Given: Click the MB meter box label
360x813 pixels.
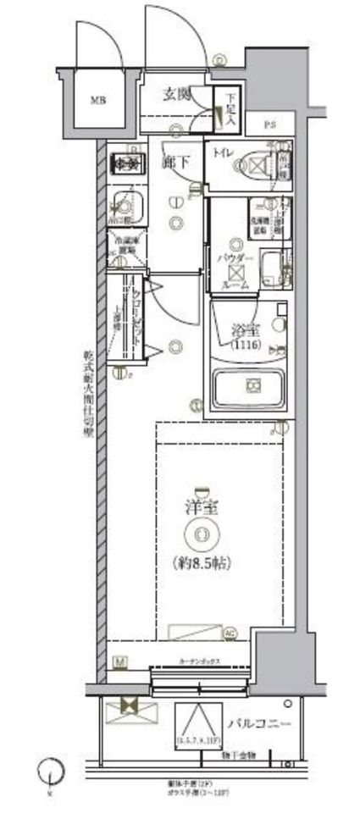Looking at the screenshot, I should pyautogui.click(x=99, y=97).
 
